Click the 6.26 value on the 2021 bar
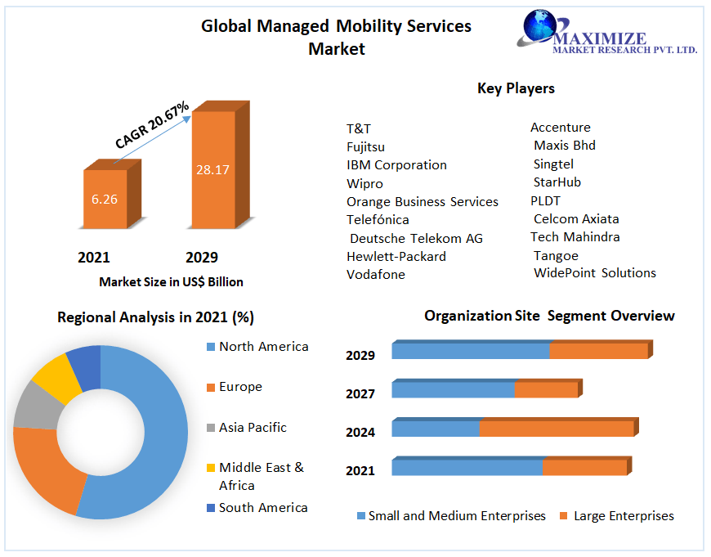105,199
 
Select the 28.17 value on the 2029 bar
212,170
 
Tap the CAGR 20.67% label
152,125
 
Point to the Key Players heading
516,88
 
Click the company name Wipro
364,183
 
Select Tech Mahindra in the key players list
575,237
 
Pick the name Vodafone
376,275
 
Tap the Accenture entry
560,128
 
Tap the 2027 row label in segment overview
360,394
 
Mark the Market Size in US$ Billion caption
171,282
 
